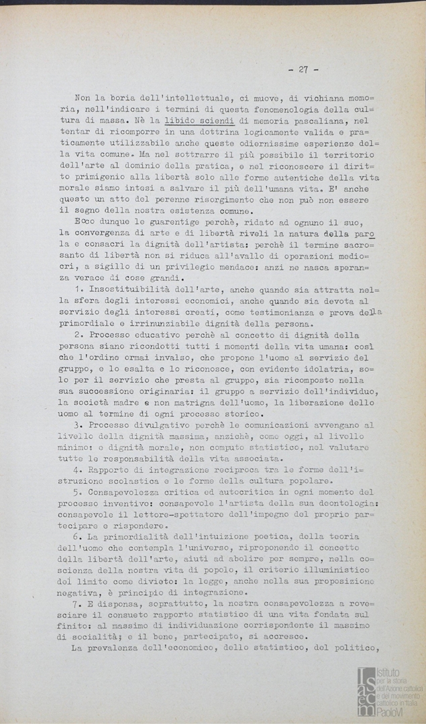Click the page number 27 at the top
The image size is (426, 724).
[303, 69]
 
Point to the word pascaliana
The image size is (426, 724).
[317, 120]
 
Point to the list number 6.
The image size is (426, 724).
[78, 538]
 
